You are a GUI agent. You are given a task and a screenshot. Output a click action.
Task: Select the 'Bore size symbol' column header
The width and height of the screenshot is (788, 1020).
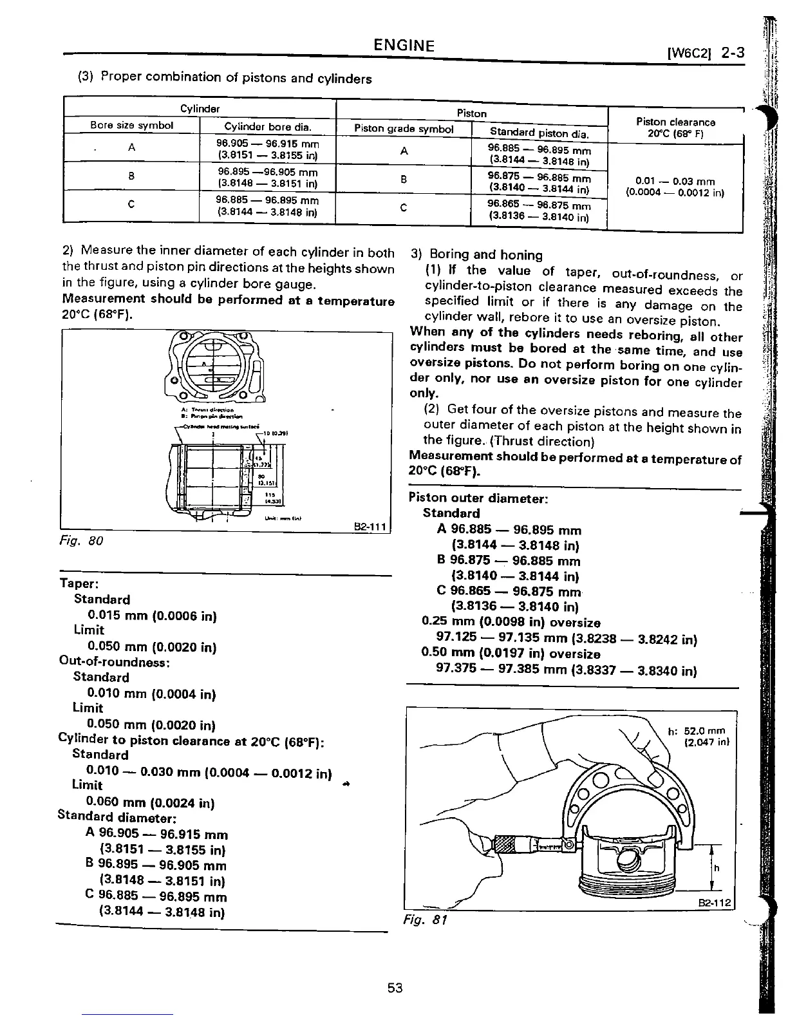tap(131, 126)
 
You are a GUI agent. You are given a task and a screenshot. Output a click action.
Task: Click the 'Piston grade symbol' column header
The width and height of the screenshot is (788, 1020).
tap(404, 129)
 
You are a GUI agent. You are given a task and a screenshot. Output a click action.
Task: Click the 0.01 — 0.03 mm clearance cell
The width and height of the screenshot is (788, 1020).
tap(675, 187)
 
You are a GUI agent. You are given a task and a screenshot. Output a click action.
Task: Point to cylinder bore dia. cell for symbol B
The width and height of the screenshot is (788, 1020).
tap(267, 177)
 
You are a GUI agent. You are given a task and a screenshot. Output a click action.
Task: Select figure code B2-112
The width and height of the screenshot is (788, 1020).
tap(716, 903)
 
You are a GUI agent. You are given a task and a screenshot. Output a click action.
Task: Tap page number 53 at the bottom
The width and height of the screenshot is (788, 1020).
tap(395, 987)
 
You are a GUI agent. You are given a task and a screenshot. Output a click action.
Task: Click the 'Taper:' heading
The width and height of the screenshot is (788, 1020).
tap(79, 584)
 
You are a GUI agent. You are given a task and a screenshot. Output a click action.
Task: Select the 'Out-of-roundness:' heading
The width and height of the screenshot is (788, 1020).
tap(114, 661)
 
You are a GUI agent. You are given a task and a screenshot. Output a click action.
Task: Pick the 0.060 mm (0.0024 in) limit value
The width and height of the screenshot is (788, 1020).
tap(150, 803)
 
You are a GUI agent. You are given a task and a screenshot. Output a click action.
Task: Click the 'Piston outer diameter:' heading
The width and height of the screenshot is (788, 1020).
tap(478, 498)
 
